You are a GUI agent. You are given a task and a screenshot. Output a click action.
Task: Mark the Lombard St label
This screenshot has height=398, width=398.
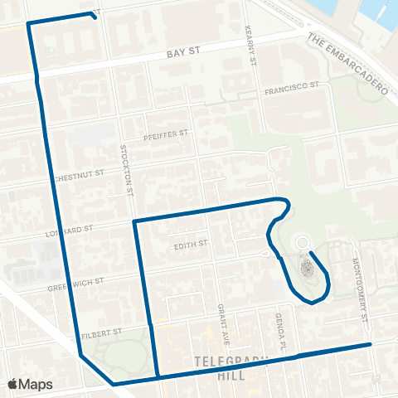click(x=79, y=227)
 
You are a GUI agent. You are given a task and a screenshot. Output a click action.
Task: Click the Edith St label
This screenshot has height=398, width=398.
click(x=189, y=245)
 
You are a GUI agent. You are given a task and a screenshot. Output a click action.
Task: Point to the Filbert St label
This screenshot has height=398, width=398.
click(x=104, y=331)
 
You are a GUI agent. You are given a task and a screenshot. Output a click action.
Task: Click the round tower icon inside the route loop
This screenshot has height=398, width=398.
click(x=305, y=267)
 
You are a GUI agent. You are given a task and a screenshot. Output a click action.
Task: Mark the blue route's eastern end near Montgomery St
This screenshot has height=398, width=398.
click(x=369, y=343)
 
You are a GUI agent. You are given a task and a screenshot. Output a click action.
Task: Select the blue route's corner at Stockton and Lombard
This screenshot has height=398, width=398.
click(x=134, y=221)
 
